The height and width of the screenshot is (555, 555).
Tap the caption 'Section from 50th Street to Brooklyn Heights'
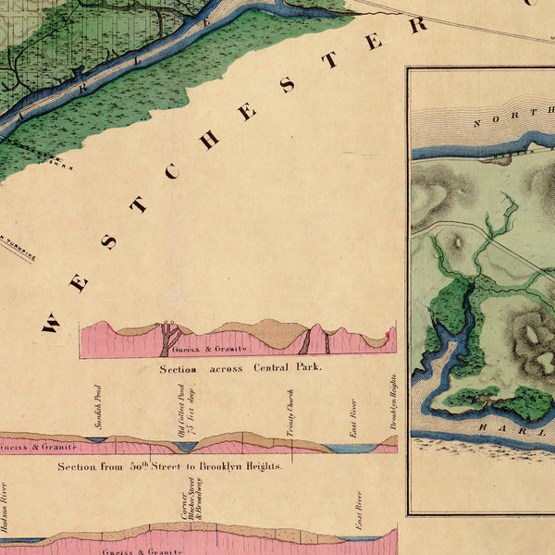[x=170, y=466]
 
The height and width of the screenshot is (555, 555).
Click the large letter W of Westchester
[x=50, y=323]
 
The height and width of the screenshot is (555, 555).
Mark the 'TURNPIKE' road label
[x=18, y=250]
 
